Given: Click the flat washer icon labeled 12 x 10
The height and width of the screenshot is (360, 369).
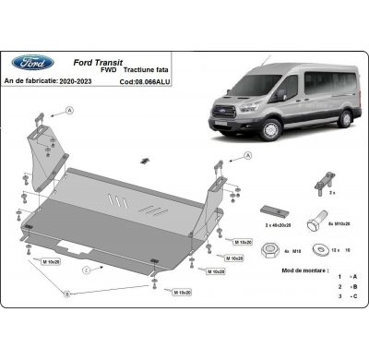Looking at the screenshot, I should click(319, 247).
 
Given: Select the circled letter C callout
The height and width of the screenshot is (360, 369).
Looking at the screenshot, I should click(85, 271).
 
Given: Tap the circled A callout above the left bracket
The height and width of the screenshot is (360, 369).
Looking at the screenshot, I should click(68, 110).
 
